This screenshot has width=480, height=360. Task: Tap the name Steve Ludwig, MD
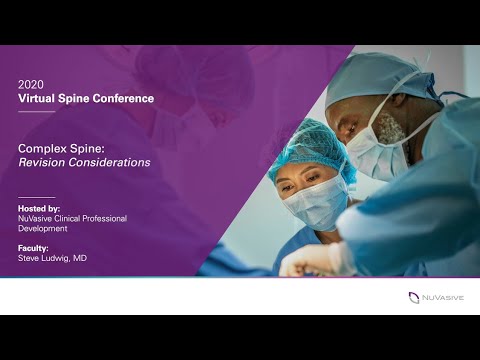(x=55, y=257)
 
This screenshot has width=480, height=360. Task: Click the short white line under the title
(x=36, y=112)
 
